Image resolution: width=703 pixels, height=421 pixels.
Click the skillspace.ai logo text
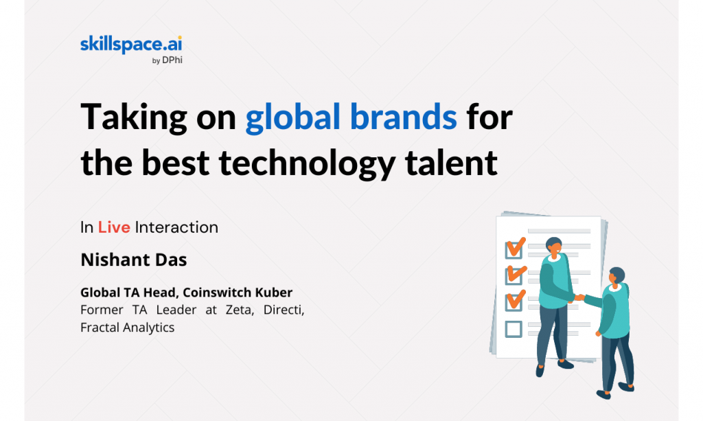(131, 45)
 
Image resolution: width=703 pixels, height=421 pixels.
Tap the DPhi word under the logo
(172, 60)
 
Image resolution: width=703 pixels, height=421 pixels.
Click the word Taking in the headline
(134, 117)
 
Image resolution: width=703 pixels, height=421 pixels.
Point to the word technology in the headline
(307, 163)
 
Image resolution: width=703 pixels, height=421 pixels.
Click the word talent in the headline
(451, 162)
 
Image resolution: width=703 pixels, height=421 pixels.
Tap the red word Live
(115, 227)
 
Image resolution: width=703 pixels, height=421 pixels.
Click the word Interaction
(176, 227)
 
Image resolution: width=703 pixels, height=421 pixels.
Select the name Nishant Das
(134, 260)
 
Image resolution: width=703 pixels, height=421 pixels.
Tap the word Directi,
(284, 310)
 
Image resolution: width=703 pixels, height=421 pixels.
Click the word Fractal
(100, 328)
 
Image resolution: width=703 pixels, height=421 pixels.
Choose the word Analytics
(149, 328)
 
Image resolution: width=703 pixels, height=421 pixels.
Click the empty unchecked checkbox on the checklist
(514, 329)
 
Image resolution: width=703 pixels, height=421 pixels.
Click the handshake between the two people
(579, 297)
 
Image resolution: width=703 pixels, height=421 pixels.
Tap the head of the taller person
(554, 247)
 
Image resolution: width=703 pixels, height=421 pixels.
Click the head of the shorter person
(617, 275)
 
